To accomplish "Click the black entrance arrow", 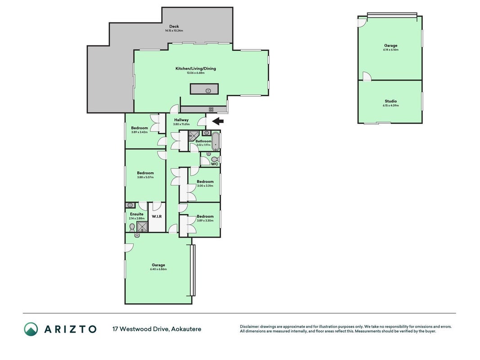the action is (x=218, y=121).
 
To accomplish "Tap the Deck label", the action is (x=174, y=27).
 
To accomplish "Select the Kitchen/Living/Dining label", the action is (x=196, y=68).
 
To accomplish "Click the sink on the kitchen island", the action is (x=208, y=90).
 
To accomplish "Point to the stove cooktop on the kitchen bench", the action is (x=211, y=109).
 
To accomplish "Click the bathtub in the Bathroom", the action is (x=216, y=141).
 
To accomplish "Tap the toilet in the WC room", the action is (x=215, y=159).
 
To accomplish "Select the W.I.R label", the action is (x=157, y=216).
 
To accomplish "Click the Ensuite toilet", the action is (x=132, y=227).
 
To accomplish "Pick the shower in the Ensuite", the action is (x=142, y=227).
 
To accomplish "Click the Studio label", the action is (x=390, y=101).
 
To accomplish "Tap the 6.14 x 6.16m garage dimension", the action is (x=390, y=49).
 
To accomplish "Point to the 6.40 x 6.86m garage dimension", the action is (x=158, y=270).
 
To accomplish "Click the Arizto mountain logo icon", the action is (x=31, y=329).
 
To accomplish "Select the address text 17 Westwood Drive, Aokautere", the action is (x=157, y=329).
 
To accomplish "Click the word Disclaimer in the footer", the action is (x=249, y=327).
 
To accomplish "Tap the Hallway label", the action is (x=181, y=120).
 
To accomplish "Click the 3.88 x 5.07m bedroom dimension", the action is (x=145, y=177).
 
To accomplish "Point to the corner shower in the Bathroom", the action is (x=194, y=135).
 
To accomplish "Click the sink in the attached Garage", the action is (x=137, y=235).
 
